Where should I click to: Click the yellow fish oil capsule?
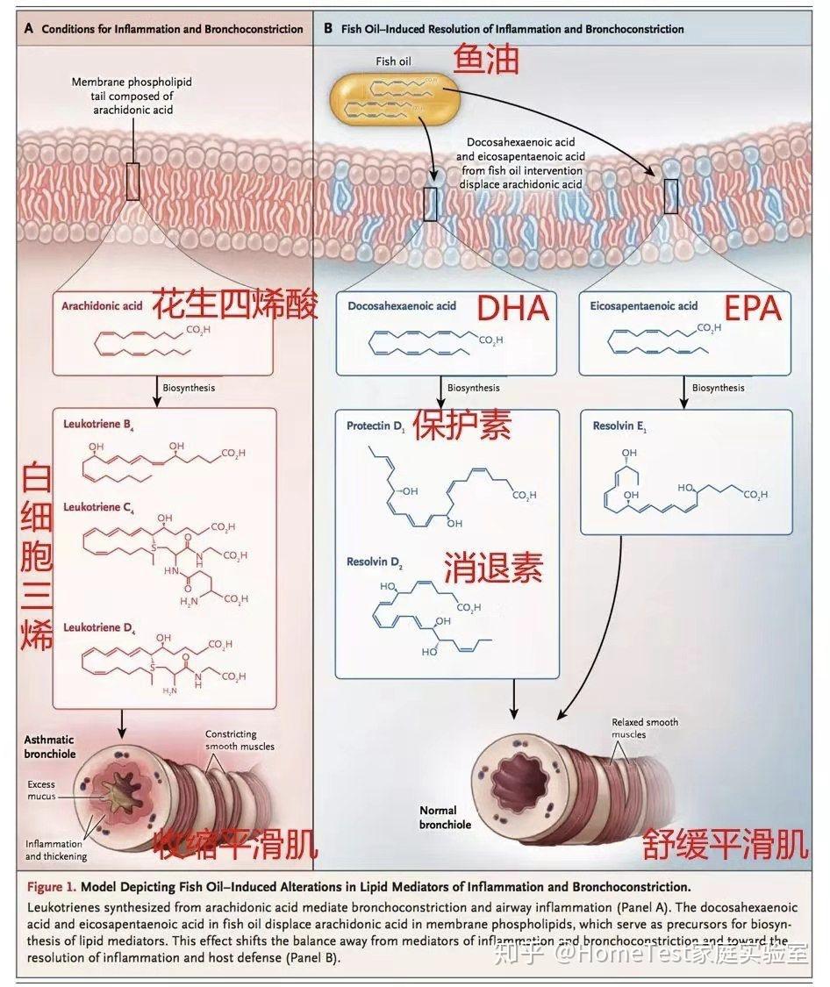(395, 98)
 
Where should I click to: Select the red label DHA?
(513, 308)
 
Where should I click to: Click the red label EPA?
(752, 308)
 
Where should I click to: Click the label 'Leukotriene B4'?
(98, 425)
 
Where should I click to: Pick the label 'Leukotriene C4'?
(98, 508)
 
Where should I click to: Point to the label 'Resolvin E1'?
(619, 426)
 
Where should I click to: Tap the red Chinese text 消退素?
(493, 567)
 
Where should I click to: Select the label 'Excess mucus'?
(40, 790)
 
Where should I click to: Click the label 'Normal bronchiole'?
(445, 818)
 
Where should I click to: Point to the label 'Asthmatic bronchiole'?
(49, 747)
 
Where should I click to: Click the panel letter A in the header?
(29, 29)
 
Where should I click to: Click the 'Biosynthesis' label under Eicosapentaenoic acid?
(718, 388)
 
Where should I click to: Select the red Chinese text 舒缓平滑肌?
(725, 845)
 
